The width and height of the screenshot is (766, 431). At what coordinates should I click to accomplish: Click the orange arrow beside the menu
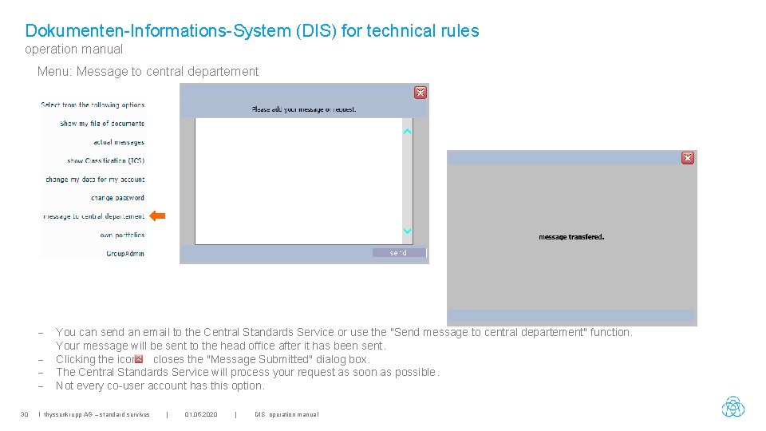(158, 215)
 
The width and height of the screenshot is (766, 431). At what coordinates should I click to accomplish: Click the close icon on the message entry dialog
(420, 93)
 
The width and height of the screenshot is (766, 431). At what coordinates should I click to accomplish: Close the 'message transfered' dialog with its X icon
(687, 158)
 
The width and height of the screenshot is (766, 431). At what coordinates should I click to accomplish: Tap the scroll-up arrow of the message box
(407, 131)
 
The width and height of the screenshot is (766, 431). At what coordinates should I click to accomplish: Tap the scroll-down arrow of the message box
(407, 231)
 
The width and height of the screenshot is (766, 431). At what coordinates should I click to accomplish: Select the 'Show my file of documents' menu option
(101, 124)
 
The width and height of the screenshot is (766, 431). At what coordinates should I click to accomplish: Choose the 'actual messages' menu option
(118, 142)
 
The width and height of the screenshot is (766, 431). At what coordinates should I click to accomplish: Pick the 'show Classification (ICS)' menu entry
(105, 160)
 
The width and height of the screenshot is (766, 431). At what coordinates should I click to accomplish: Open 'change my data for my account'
(95, 180)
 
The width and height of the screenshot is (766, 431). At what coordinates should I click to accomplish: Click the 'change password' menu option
(117, 198)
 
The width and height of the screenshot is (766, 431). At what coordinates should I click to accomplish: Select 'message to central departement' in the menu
(93, 216)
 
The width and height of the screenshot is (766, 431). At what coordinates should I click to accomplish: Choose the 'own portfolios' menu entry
(122, 235)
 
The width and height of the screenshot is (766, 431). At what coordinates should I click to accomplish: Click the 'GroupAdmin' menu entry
(125, 254)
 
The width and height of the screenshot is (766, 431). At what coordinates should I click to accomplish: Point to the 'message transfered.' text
(571, 237)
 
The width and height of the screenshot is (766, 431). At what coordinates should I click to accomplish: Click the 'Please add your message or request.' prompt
(304, 109)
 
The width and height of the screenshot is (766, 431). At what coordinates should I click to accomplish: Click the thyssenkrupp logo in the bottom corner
(732, 407)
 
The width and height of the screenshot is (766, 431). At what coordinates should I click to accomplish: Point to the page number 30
(24, 414)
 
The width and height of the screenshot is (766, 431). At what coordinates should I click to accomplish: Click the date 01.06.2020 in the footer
(200, 414)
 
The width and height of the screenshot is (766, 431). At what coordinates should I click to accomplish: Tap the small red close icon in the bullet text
(139, 359)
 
